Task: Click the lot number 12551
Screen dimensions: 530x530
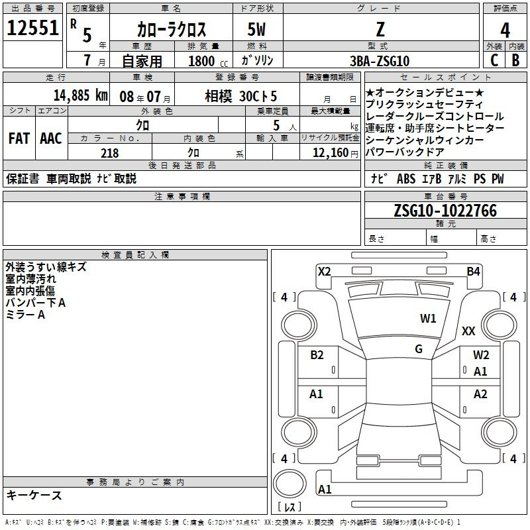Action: (32, 28)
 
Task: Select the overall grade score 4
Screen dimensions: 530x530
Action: (505, 30)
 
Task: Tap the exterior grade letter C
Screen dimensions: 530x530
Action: (494, 60)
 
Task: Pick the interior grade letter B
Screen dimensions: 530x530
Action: (515, 60)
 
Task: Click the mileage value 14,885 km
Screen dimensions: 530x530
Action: (81, 95)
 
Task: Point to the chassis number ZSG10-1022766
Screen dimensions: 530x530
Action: (445, 211)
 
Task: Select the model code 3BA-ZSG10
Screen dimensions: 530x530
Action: (380, 61)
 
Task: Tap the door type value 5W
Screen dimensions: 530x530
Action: (256, 29)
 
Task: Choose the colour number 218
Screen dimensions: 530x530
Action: (110, 153)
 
